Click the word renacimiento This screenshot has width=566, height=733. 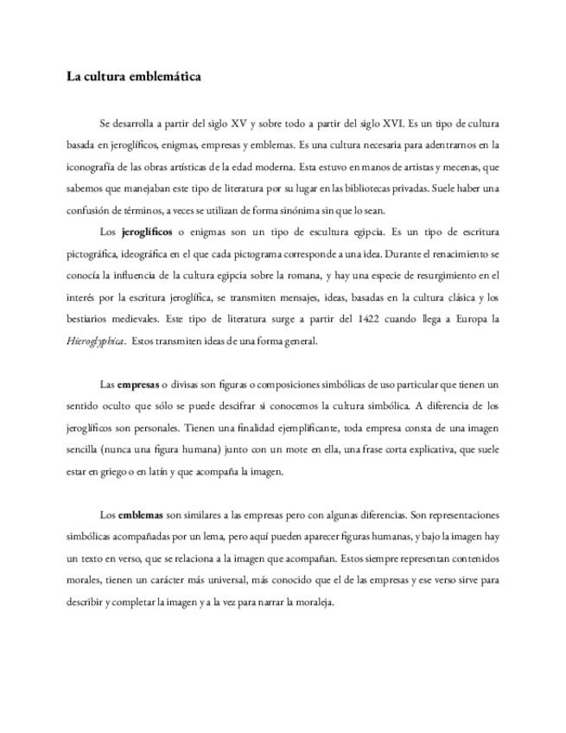[x=460, y=255]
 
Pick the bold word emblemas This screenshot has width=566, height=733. [x=141, y=515]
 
